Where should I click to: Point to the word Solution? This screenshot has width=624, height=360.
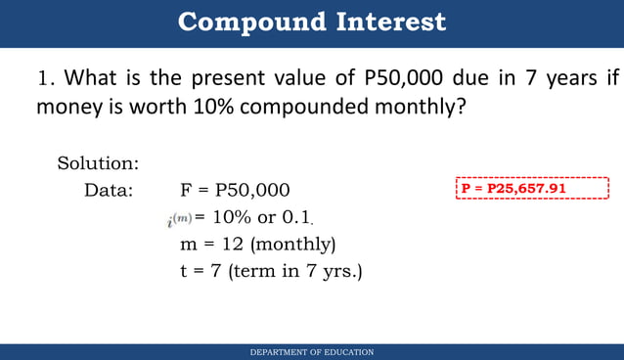tap(98, 162)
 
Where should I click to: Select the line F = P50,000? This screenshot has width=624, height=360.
tap(235, 190)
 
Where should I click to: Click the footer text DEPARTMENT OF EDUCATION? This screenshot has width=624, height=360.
tap(312, 352)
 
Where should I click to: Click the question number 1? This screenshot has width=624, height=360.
tap(44, 78)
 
